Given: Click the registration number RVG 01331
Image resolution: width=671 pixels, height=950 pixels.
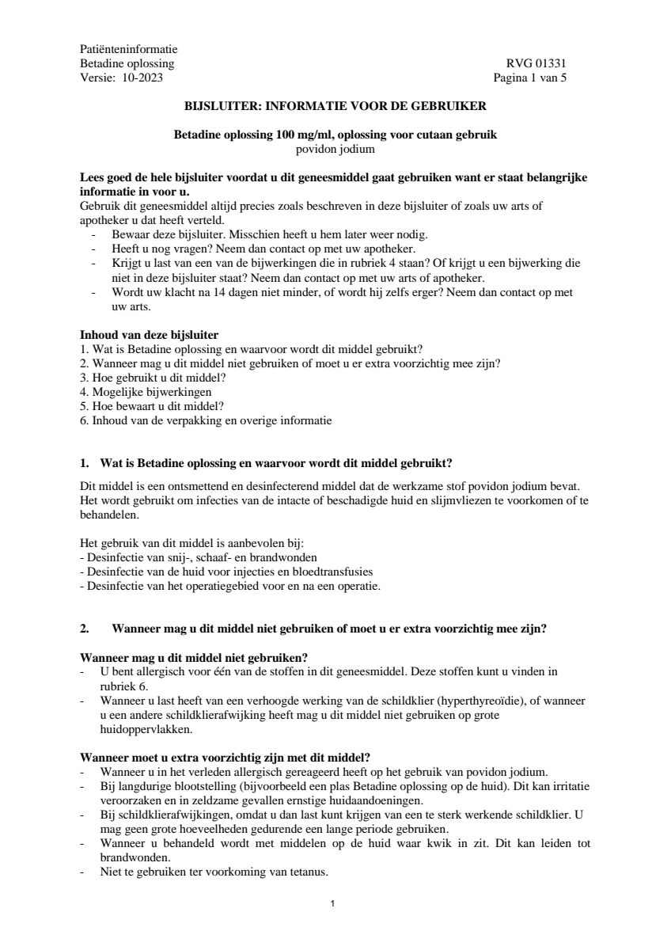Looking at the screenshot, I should (x=536, y=63).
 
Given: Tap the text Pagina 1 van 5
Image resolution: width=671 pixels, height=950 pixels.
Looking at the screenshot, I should (x=529, y=78).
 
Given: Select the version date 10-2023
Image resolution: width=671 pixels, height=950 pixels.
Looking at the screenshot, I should (x=143, y=78).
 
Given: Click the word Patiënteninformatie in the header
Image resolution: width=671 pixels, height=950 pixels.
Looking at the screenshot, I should (x=129, y=49).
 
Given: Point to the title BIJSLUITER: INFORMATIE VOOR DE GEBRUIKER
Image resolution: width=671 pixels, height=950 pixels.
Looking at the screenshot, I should (x=335, y=104).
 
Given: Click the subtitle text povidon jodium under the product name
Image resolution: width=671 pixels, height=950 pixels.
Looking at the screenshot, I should (x=335, y=148).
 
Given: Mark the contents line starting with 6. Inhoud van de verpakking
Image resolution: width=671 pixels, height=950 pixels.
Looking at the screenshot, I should (x=206, y=420).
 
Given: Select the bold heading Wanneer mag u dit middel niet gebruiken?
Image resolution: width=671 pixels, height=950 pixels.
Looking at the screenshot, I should (x=194, y=658).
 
